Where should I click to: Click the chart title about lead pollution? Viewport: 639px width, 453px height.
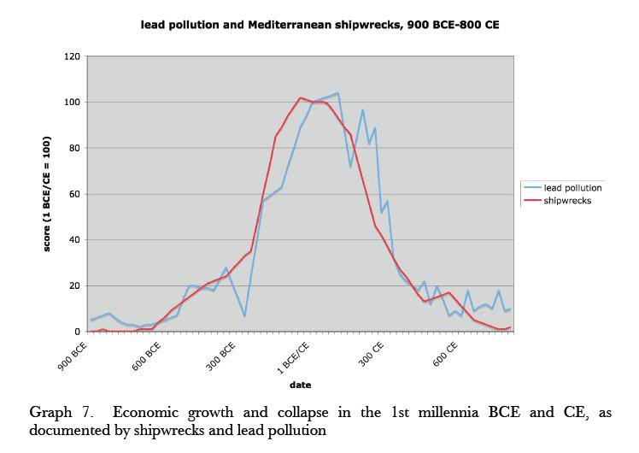319,25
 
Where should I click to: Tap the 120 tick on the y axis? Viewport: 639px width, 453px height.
73,56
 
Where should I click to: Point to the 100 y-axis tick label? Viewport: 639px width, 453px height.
73,103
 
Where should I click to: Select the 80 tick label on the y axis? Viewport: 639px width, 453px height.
76,149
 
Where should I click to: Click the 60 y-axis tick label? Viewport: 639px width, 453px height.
76,194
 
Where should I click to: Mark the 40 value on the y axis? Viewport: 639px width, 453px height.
76,240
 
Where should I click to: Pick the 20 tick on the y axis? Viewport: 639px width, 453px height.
76,285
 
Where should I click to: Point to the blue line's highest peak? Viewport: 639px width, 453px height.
337,93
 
